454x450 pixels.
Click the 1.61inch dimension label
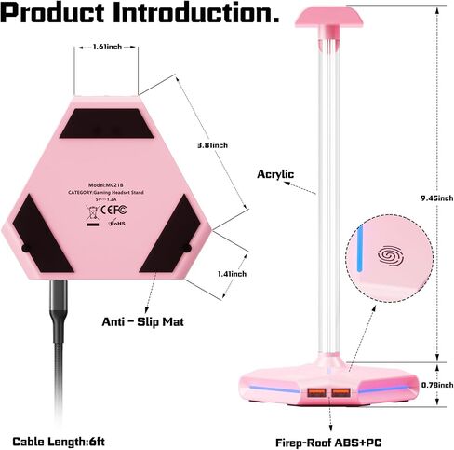pos(107,48)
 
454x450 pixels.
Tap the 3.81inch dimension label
pos(212,145)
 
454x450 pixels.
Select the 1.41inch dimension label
pos(232,274)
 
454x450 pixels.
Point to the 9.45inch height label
pos(437,198)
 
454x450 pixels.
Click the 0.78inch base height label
pos(437,385)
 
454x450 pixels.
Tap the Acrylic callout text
pos(275,174)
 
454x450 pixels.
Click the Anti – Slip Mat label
pos(143,321)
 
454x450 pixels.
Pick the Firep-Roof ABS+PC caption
pos(328,443)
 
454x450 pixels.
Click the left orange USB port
pos(316,392)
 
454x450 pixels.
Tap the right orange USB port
pos(341,392)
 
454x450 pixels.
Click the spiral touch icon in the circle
pos(391,256)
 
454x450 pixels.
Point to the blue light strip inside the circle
pos(360,249)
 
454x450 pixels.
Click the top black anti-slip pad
pos(106,123)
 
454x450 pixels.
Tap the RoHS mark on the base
pos(117,223)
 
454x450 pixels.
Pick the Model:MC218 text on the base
pos(106,185)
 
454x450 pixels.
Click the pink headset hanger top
pos(328,18)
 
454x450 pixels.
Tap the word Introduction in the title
pos(196,13)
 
